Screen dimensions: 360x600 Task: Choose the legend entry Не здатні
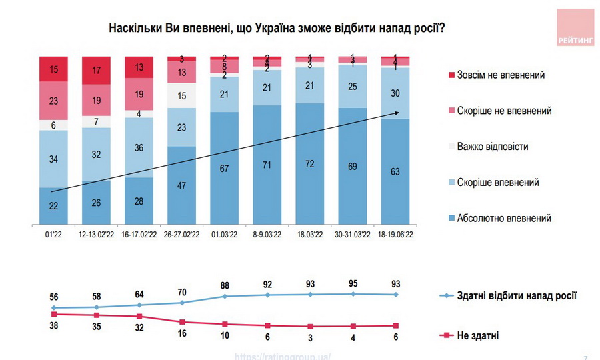pyautogui.click(x=479, y=335)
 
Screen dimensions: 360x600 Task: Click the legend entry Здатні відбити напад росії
pyautogui.click(x=515, y=295)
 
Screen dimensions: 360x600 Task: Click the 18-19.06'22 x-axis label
pyautogui.click(x=396, y=235)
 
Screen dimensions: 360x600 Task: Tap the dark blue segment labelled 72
pyautogui.click(x=309, y=163)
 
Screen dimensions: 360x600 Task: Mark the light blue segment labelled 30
pyautogui.click(x=396, y=93)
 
